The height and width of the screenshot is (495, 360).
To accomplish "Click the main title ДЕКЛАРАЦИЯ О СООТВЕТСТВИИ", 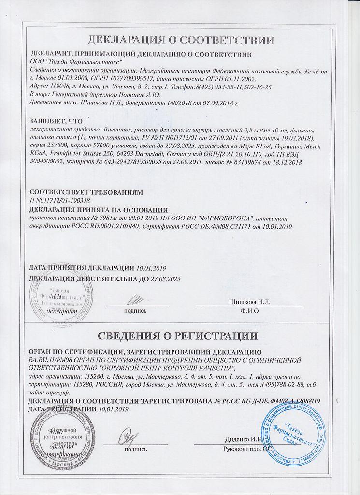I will tap(180, 39).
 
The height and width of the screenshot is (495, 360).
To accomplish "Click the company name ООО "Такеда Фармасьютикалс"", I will tap(76, 62).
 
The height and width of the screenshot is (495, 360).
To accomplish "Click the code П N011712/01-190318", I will tap(60, 200).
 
